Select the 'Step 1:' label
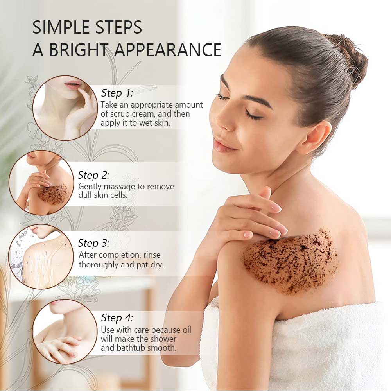[117, 93]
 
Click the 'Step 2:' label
[94, 175]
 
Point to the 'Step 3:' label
[94, 243]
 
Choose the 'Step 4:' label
[117, 317]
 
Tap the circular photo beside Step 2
[41, 183]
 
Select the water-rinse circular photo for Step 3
[41, 256]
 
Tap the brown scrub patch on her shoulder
[289, 260]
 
